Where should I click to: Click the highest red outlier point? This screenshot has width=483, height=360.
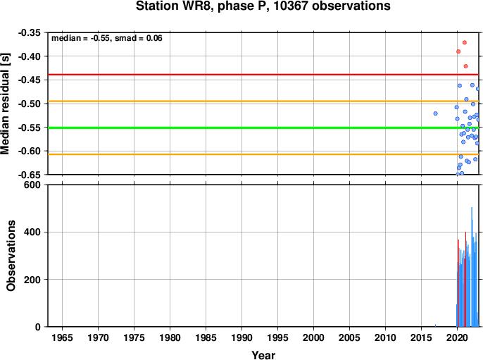click(465, 42)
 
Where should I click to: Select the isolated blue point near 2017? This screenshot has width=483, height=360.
click(436, 113)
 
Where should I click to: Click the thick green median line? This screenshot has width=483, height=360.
click(263, 128)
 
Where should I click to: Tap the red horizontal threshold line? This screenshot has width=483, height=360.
click(263, 75)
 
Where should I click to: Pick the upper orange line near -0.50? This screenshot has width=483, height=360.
click(263, 101)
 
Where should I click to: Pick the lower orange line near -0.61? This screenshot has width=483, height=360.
click(263, 154)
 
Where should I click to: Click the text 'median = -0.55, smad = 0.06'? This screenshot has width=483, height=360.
click(106, 38)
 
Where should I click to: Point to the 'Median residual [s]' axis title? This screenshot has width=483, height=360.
click(5, 104)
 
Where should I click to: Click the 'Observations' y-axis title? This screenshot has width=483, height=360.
click(11, 256)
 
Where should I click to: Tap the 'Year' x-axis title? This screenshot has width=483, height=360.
click(263, 355)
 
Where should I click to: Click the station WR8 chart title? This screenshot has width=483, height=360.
click(263, 6)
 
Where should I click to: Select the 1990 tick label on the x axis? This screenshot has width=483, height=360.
click(241, 337)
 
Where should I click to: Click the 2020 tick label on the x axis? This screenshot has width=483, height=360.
click(457, 337)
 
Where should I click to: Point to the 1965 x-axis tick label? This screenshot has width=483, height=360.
click(62, 337)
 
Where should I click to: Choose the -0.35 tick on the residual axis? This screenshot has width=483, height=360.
click(30, 32)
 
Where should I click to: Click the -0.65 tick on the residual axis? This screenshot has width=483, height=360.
click(30, 175)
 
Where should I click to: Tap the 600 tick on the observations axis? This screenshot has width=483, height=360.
click(32, 185)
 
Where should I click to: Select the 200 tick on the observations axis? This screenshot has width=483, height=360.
click(32, 280)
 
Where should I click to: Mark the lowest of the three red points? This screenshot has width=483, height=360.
click(466, 66)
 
